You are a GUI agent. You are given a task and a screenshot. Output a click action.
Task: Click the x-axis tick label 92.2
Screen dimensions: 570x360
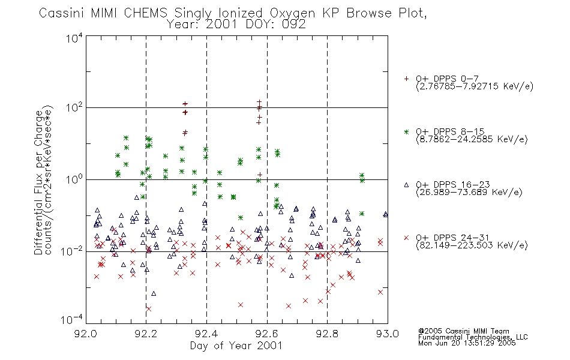pos(146,334)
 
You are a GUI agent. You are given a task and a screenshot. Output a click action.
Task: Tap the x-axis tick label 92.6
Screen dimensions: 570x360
pos(267,334)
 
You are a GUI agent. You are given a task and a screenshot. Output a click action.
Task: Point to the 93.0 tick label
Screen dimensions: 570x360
pos(388,334)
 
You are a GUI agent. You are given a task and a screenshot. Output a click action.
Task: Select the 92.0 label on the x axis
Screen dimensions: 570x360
pos(86,334)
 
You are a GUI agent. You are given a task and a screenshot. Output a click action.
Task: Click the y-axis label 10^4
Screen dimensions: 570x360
pos(74,38)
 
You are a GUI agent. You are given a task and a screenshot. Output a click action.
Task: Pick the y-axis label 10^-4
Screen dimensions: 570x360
pos(71,319)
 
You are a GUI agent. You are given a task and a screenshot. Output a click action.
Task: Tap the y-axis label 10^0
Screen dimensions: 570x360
pos(74,179)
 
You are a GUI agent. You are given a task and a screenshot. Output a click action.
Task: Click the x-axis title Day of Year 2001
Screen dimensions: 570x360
pos(236,346)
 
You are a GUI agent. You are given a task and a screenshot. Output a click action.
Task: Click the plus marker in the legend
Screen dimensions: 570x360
pos(406,79)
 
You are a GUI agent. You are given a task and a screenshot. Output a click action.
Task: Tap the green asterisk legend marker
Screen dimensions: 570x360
pos(406,131)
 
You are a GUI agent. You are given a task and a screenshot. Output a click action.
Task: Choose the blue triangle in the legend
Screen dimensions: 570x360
pos(406,185)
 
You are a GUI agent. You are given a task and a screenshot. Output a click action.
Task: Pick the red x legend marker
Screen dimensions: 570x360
pos(406,238)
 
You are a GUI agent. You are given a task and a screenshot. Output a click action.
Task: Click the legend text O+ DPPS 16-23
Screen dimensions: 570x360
pos(453,185)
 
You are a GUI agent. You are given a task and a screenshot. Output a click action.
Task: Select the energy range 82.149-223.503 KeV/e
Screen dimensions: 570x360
pos(472,245)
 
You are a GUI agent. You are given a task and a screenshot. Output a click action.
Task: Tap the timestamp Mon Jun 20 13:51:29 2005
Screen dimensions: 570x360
pos(467,343)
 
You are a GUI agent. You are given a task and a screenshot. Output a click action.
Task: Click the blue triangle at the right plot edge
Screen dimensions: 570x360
pos(385,214)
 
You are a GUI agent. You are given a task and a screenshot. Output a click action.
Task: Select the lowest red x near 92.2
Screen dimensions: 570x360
pos(148,309)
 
